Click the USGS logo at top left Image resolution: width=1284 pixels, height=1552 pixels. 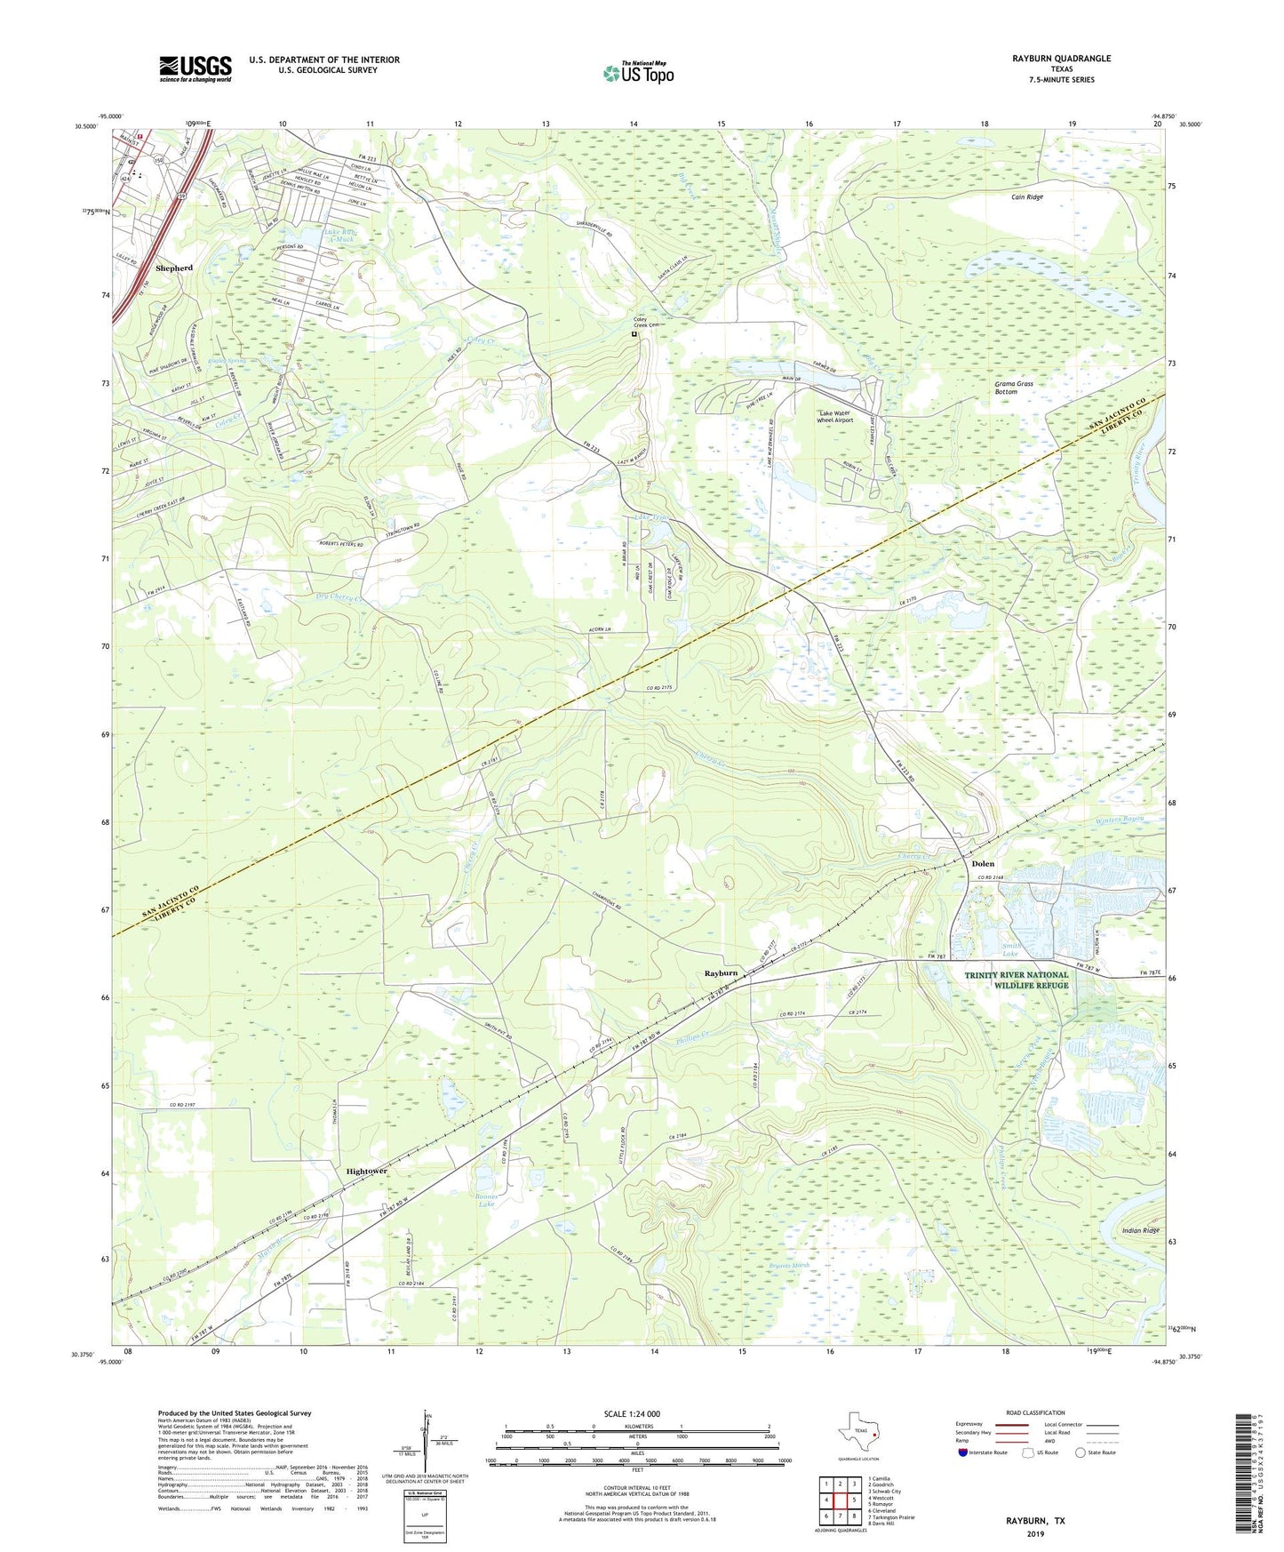pos(195,68)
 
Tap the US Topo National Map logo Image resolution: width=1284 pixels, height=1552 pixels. pos(638,73)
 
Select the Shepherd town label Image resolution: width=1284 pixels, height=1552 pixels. pos(173,268)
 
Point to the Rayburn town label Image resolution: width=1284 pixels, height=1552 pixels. pos(721,973)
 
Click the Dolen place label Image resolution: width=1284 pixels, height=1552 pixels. pos(982,864)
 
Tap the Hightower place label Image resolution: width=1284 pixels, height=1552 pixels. pos(366,1172)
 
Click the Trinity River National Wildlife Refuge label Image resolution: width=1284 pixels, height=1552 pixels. pos(1017,980)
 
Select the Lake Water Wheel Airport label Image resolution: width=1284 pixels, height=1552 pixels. pos(835,417)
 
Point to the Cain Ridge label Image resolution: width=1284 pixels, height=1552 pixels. pos(1026,197)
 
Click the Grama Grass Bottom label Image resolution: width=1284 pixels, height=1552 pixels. pos(1013,388)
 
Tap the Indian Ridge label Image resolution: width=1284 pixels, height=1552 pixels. pos(1140,1230)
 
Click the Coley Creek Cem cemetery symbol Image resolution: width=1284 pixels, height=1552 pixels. pos(634,335)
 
